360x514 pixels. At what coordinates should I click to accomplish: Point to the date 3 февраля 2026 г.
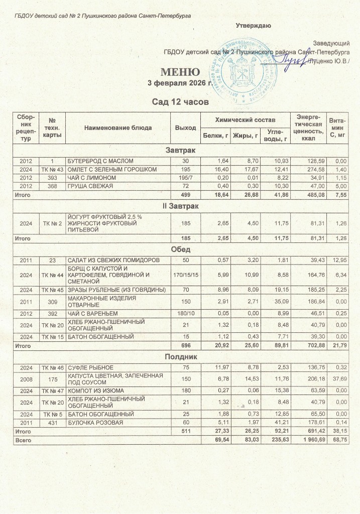[179, 83]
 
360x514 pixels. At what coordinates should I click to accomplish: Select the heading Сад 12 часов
[180, 102]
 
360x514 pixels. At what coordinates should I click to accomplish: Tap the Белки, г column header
[215, 136]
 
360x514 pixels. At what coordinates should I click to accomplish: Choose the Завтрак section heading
[180, 151]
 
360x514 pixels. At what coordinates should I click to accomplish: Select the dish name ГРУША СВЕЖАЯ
[90, 186]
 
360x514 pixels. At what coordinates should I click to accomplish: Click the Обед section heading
[180, 249]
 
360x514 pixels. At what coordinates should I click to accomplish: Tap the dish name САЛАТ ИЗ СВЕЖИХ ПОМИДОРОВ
[113, 260]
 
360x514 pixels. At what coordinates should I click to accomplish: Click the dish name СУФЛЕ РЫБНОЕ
[88, 368]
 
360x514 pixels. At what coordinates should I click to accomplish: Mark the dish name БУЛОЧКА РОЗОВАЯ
[92, 424]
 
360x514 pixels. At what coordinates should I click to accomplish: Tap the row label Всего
[23, 440]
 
